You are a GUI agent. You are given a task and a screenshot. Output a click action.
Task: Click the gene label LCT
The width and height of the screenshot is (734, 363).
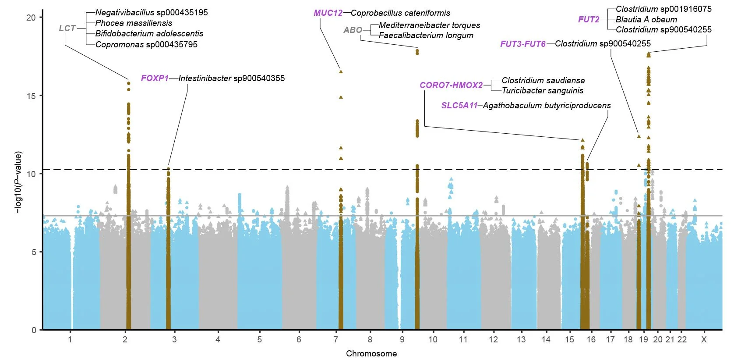pos(67,28)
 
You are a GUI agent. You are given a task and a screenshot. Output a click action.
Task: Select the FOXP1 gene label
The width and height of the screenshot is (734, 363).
pos(155,78)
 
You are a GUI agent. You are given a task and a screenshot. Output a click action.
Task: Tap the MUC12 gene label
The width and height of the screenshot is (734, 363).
pos(328,13)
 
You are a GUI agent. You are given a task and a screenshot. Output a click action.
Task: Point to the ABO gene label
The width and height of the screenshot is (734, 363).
pos(353,30)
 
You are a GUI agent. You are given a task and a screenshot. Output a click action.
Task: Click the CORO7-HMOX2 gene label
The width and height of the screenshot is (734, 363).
pos(451,85)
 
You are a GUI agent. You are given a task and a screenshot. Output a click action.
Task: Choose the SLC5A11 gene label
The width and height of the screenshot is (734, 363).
pos(459,106)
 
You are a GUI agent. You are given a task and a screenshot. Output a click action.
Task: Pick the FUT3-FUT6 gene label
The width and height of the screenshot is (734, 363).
pos(522,44)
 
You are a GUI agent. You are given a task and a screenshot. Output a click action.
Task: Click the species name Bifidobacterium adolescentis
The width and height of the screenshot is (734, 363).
pos(149,34)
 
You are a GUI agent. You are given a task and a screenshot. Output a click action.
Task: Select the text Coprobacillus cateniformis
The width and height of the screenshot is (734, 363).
pos(400,13)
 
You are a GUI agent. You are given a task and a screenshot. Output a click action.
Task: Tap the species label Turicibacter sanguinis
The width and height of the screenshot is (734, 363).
pos(542,91)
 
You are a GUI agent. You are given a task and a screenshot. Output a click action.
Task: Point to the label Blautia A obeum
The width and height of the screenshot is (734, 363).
pos(646,19)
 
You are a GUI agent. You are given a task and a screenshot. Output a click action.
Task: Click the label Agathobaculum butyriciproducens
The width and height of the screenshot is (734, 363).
pos(547,106)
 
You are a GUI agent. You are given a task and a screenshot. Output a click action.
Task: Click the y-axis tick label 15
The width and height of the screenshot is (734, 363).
pos(31,96)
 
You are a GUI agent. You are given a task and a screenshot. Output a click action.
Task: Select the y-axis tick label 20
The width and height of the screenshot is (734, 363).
pos(31,18)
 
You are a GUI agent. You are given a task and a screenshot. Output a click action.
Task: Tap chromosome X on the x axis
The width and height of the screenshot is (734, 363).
pos(703,340)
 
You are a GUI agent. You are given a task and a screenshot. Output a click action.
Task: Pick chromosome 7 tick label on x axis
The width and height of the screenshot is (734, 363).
pos(336,340)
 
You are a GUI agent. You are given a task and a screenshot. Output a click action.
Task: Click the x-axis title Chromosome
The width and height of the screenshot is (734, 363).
pos(371,354)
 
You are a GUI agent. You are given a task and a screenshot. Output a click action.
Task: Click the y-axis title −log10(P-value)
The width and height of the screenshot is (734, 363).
pos(18,182)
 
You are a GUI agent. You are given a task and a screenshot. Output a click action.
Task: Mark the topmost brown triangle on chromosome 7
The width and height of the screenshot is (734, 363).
pos(341,71)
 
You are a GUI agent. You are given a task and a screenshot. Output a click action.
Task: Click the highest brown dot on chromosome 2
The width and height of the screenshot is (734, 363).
pos(128,83)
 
